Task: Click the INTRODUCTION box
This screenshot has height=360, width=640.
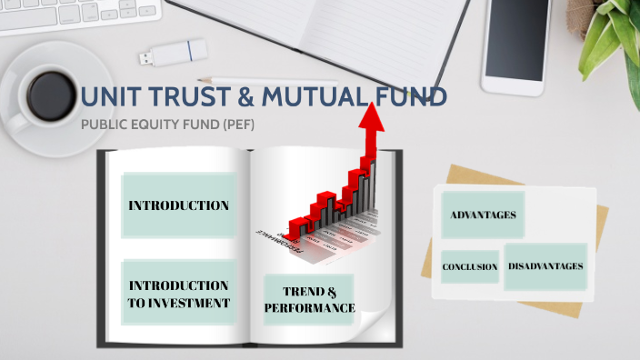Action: pyautogui.click(x=178, y=205)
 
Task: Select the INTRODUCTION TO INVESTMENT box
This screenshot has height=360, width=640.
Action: pyautogui.click(x=178, y=294)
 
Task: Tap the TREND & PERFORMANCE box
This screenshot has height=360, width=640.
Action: pyautogui.click(x=309, y=299)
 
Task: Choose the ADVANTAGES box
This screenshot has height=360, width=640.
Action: pyautogui.click(x=483, y=215)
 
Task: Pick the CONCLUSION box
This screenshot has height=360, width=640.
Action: pyautogui.click(x=469, y=267)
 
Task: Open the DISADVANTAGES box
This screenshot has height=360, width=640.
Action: pyautogui.click(x=545, y=266)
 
